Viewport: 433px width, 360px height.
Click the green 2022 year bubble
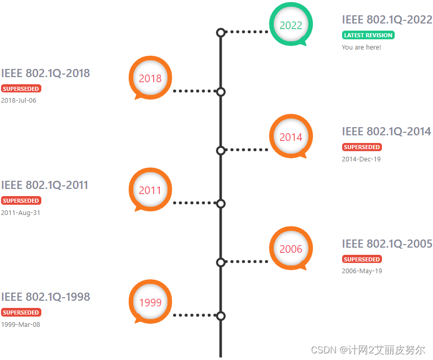point(291,25)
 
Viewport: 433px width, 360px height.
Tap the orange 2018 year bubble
point(150,78)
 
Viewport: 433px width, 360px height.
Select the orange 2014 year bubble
point(291,137)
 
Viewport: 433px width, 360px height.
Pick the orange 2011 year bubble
point(150,190)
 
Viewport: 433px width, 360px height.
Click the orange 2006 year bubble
point(291,249)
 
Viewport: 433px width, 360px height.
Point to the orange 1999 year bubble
point(150,302)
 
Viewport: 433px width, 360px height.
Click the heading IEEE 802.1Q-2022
point(387,20)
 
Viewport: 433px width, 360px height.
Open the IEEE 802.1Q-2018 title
point(45,73)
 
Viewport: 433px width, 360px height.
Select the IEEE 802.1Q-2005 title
point(387,244)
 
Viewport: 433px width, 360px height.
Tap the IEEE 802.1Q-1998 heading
point(45,297)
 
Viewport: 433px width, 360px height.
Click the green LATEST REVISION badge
point(368,35)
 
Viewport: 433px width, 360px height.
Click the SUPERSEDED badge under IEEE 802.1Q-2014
point(362,147)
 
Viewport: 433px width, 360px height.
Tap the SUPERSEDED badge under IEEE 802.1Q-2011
point(21,201)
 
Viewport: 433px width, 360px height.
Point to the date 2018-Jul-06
point(18,101)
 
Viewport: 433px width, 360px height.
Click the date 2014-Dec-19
point(361,159)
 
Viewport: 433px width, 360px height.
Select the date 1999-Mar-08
point(20,324)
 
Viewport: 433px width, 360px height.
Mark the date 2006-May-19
point(362,271)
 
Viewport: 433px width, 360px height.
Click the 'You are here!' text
point(361,47)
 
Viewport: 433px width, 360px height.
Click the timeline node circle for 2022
point(221,33)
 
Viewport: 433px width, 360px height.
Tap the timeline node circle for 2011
point(221,204)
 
